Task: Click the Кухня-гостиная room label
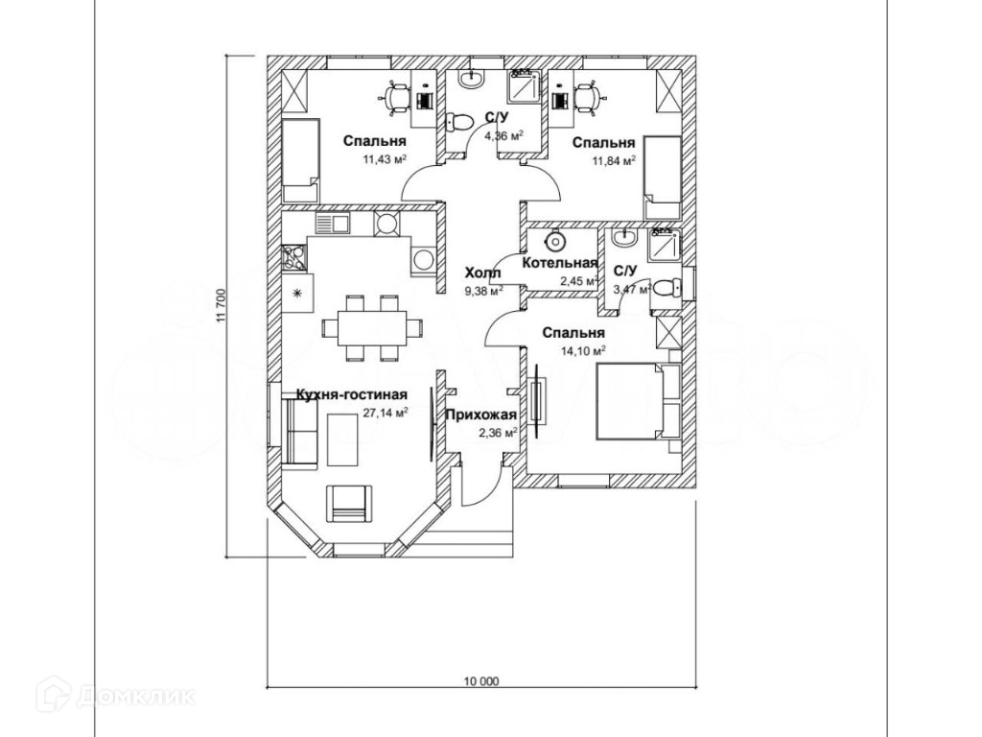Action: (x=352, y=394)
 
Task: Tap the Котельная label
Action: (x=560, y=263)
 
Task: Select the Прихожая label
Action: (x=481, y=416)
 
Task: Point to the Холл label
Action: (x=482, y=273)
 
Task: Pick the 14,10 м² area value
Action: (x=582, y=350)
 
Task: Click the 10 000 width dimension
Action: (x=481, y=682)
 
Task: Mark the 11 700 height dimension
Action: (x=221, y=307)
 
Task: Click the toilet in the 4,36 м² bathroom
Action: (x=458, y=122)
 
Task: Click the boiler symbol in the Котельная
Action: (x=553, y=239)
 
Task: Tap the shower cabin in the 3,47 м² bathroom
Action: (x=662, y=245)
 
